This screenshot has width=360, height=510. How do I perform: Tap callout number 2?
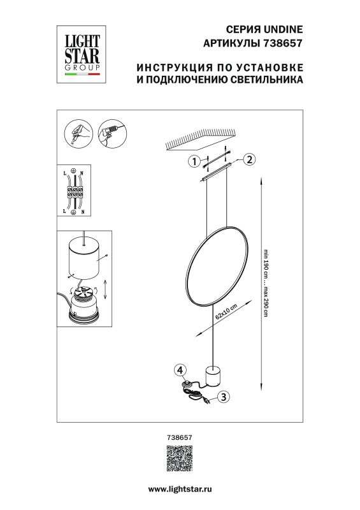coord(250,159)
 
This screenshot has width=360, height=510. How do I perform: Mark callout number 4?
coord(180,370)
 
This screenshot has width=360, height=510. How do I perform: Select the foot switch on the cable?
coord(187,384)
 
